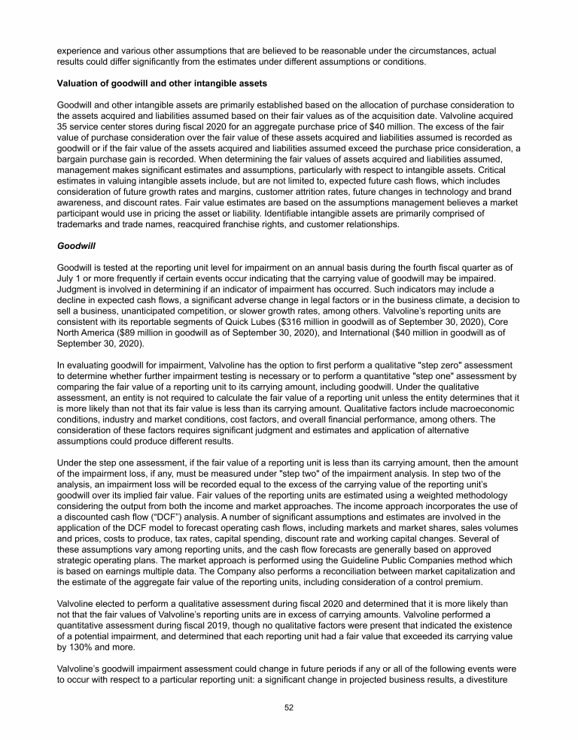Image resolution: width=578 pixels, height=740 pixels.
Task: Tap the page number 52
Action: pyautogui.click(x=288, y=707)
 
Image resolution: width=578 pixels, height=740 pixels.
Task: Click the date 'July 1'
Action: pyautogui.click(x=70, y=278)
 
